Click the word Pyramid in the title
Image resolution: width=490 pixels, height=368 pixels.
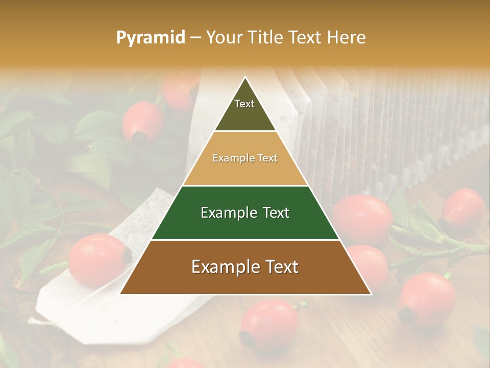coord(151,38)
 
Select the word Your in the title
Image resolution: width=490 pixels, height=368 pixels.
coord(224,38)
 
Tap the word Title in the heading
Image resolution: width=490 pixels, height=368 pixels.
coord(265,38)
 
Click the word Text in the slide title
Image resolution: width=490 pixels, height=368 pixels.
coord(305,38)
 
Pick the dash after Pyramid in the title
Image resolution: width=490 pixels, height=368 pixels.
coord(195,38)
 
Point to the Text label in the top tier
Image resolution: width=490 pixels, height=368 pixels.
coord(244,104)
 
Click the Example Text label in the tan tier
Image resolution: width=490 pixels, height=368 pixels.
coord(245,158)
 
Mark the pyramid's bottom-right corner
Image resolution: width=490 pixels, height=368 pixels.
coord(371,294)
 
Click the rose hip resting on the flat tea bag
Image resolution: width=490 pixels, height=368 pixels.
coord(97,259)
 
